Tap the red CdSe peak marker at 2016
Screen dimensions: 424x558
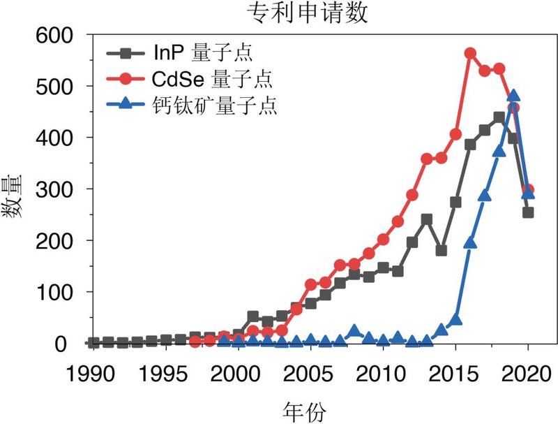[x=470, y=53]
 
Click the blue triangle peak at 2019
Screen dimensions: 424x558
[x=513, y=96]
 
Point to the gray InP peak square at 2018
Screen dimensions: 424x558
[x=499, y=117]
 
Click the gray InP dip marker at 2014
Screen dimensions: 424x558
[x=441, y=250]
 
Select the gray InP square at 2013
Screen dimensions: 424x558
[x=426, y=219]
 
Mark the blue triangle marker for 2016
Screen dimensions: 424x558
[x=470, y=242]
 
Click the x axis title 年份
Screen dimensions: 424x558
[x=308, y=409]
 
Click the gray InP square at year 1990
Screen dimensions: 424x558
[x=93, y=343]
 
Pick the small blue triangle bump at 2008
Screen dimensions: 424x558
[x=354, y=330]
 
